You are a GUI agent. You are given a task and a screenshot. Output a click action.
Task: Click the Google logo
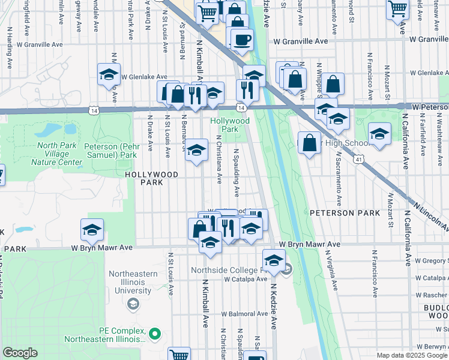pyautogui.click(x=20, y=353)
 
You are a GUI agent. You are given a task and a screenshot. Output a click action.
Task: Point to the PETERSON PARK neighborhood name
pyautogui.click(x=345, y=213)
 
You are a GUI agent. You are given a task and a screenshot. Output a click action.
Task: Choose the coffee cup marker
pyautogui.click(x=242, y=40)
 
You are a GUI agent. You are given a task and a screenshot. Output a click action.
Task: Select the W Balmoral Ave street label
pyautogui.click(x=243, y=314)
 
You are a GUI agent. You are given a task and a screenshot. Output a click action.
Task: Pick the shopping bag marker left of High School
pyautogui.click(x=309, y=143)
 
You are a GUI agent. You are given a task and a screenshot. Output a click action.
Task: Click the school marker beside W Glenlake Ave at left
pyautogui.click(x=109, y=74)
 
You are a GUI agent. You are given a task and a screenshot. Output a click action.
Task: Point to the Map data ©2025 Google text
pyautogui.click(x=411, y=355)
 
